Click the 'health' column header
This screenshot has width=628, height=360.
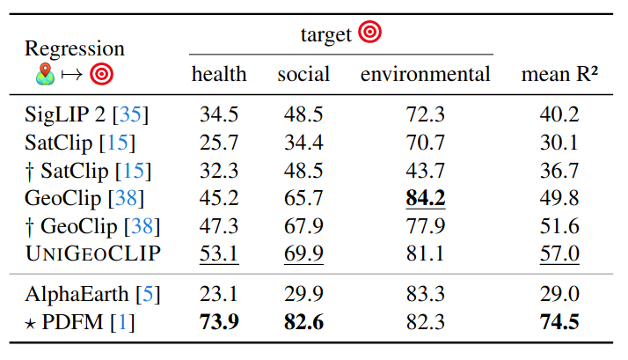coord(219,75)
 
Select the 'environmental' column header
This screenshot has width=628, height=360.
coord(425,75)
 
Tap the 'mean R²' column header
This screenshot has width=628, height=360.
coord(559,75)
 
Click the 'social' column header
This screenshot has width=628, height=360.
coord(303,75)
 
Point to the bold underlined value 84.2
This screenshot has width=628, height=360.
coord(425,199)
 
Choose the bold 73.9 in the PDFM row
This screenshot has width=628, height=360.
coord(219,322)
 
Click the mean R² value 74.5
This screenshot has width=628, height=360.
coord(559,322)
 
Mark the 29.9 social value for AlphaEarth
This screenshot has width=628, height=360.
coord(303,295)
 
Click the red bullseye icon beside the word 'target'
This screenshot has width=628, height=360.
coord(369,33)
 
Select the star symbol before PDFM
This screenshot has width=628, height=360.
coord(31,323)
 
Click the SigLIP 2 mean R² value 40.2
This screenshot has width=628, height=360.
coord(559,114)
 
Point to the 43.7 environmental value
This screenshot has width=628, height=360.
coord(425,171)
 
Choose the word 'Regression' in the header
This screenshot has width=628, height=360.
coord(74,48)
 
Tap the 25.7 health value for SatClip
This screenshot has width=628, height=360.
coord(219,143)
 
